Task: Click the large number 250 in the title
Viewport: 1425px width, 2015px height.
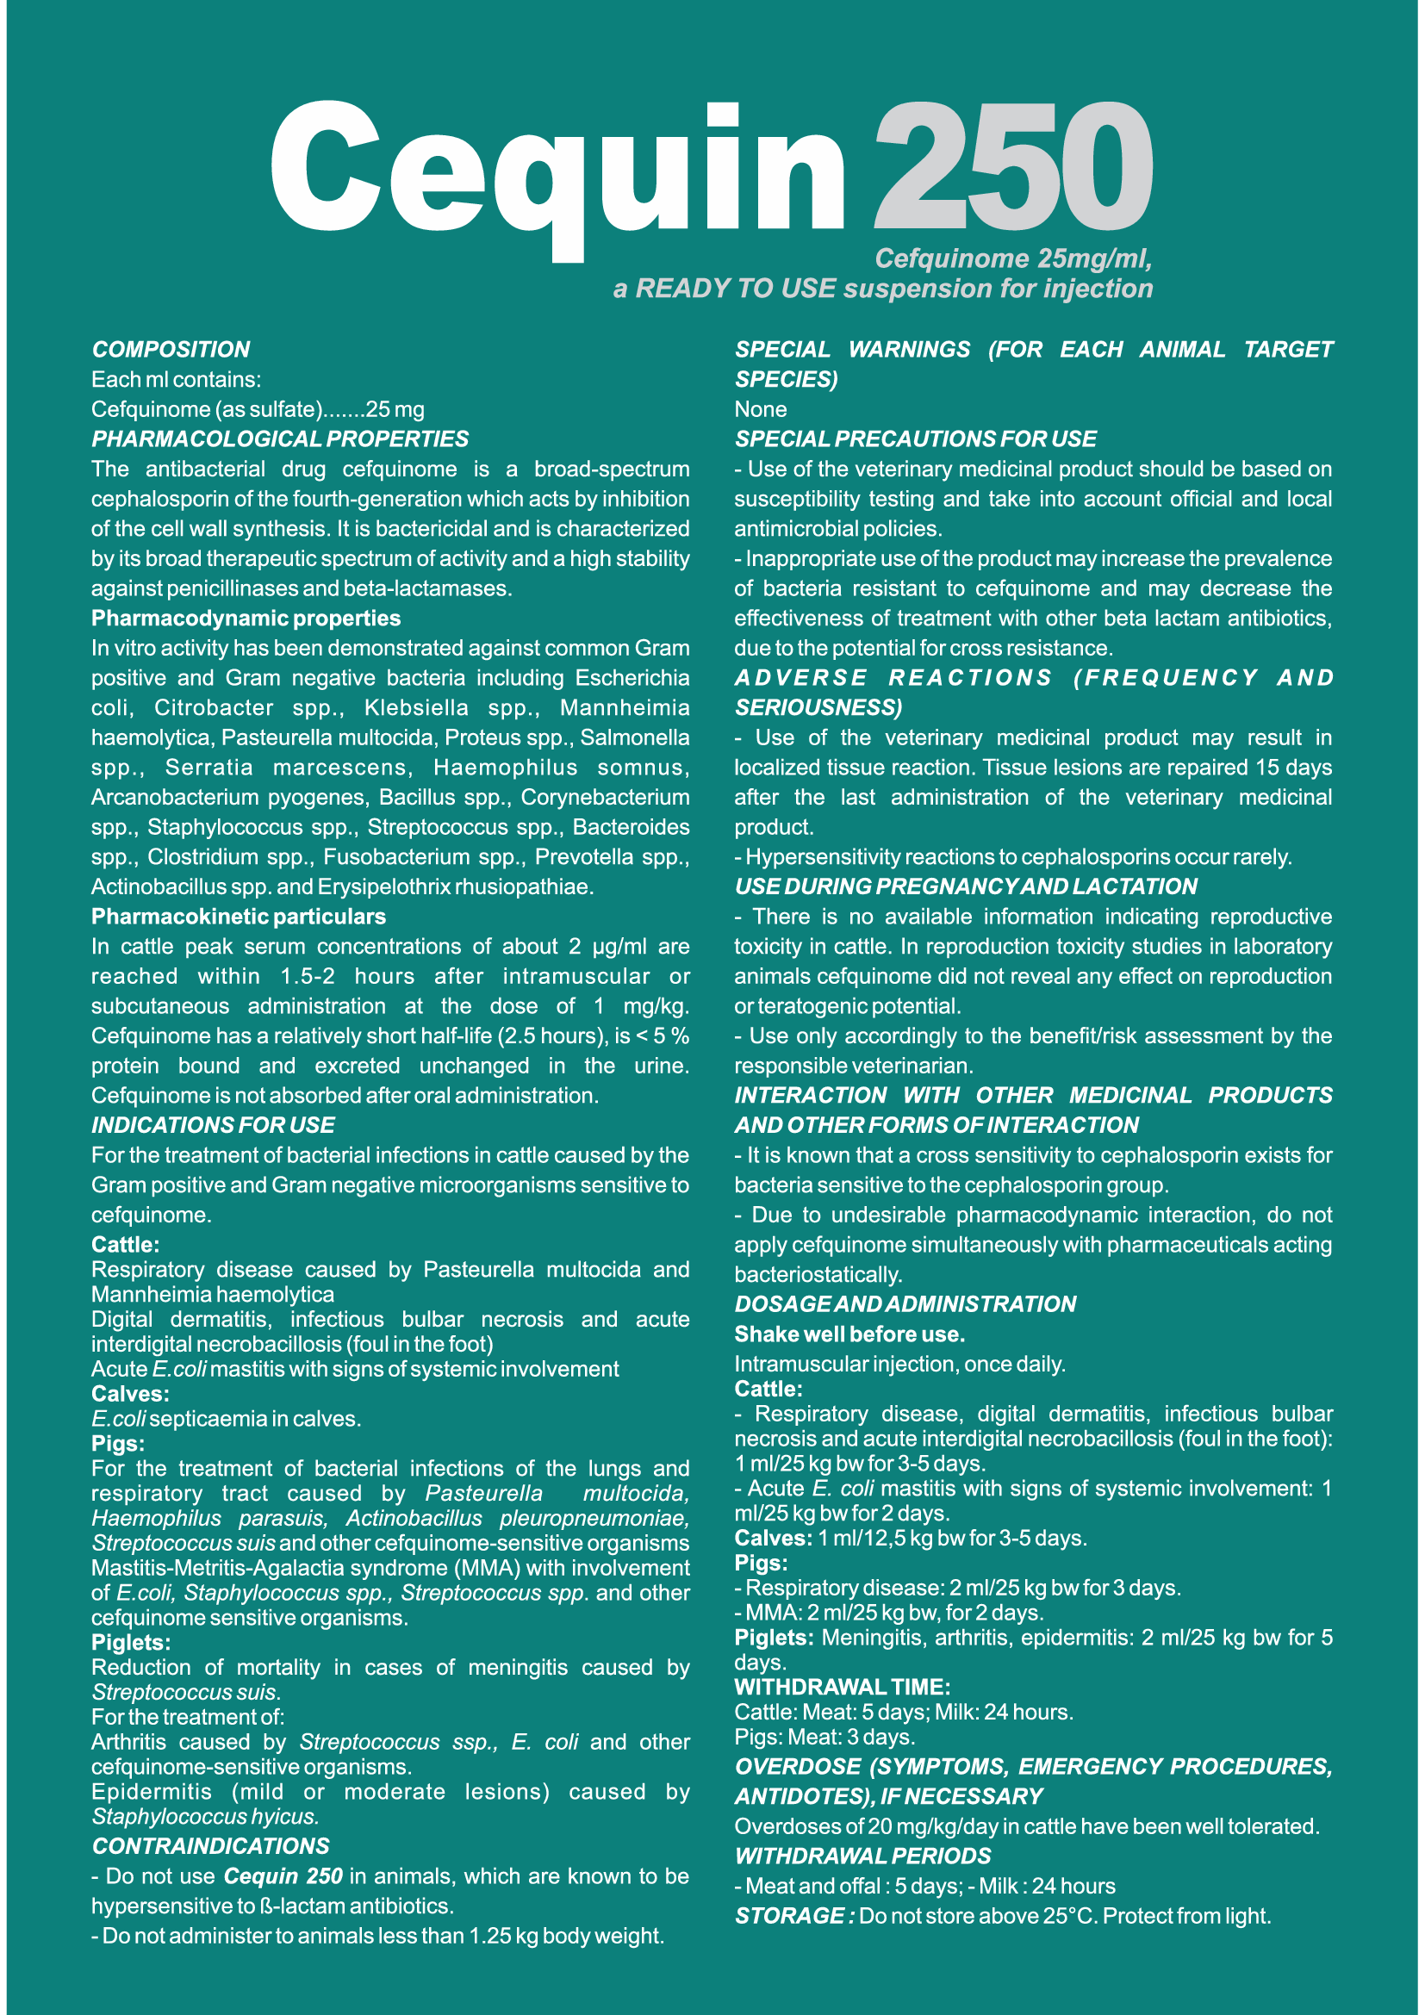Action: pyautogui.click(x=1012, y=167)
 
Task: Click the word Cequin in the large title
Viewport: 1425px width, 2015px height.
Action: pyautogui.click(x=558, y=171)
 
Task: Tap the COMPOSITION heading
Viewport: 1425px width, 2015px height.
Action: pyautogui.click(x=171, y=349)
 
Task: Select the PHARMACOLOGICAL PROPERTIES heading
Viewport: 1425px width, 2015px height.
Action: pyautogui.click(x=280, y=438)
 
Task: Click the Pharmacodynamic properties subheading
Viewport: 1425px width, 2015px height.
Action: pyautogui.click(x=246, y=618)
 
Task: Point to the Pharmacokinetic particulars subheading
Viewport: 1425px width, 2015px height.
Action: pyautogui.click(x=239, y=917)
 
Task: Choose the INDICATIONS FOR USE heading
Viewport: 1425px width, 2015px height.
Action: pyautogui.click(x=213, y=1125)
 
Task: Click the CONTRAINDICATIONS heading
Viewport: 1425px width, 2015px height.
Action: pyautogui.click(x=210, y=1845)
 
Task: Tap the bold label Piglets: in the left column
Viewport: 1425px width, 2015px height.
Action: pyautogui.click(x=131, y=1642)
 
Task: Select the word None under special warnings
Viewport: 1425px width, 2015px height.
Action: pyautogui.click(x=761, y=409)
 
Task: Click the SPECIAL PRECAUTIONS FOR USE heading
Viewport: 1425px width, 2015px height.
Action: pyautogui.click(x=915, y=438)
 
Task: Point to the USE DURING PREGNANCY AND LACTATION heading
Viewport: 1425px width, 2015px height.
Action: pyautogui.click(x=965, y=886)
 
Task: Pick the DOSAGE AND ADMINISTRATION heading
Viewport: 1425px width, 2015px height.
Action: pyautogui.click(x=905, y=1304)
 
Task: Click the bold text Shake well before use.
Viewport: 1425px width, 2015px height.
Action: pyautogui.click(x=849, y=1334)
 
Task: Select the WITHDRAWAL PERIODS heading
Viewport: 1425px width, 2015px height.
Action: pyautogui.click(x=862, y=1856)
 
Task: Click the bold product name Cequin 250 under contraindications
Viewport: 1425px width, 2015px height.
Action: pyautogui.click(x=283, y=1876)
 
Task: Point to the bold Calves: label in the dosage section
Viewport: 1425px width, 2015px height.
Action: pyautogui.click(x=773, y=1538)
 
